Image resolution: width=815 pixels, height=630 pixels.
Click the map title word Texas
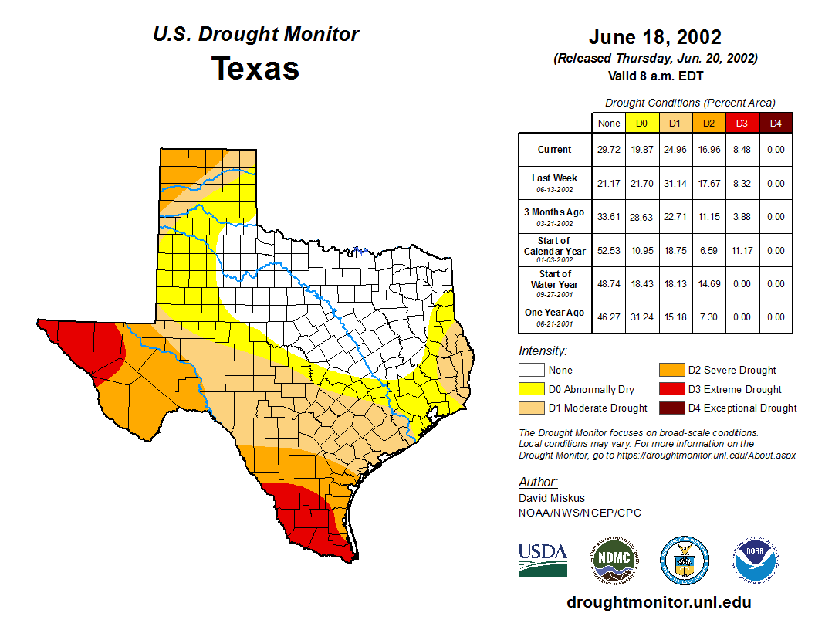pyautogui.click(x=255, y=69)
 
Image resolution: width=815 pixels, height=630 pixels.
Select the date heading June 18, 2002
pyautogui.click(x=654, y=37)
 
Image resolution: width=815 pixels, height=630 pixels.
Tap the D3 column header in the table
pyautogui.click(x=742, y=123)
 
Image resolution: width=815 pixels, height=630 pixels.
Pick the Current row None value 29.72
pyautogui.click(x=609, y=150)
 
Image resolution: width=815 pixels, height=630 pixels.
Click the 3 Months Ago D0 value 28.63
pyautogui.click(x=642, y=217)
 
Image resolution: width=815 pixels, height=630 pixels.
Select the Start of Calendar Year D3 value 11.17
pyautogui.click(x=742, y=251)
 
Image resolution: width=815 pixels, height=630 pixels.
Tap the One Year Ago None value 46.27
pyautogui.click(x=609, y=317)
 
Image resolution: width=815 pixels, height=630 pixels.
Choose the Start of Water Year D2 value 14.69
pyautogui.click(x=708, y=284)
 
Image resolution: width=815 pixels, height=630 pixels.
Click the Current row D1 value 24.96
pyautogui.click(x=675, y=150)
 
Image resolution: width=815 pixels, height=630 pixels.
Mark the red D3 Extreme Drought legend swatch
pyautogui.click(x=670, y=389)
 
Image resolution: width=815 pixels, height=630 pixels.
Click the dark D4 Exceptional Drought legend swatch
pyautogui.click(x=670, y=408)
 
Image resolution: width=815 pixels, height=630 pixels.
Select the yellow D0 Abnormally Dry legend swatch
pyautogui.click(x=530, y=389)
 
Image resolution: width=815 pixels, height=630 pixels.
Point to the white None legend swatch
pyautogui.click(x=530, y=371)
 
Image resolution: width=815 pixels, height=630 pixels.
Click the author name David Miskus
pyautogui.click(x=552, y=498)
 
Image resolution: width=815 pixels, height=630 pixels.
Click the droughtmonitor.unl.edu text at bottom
pyautogui.click(x=658, y=602)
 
